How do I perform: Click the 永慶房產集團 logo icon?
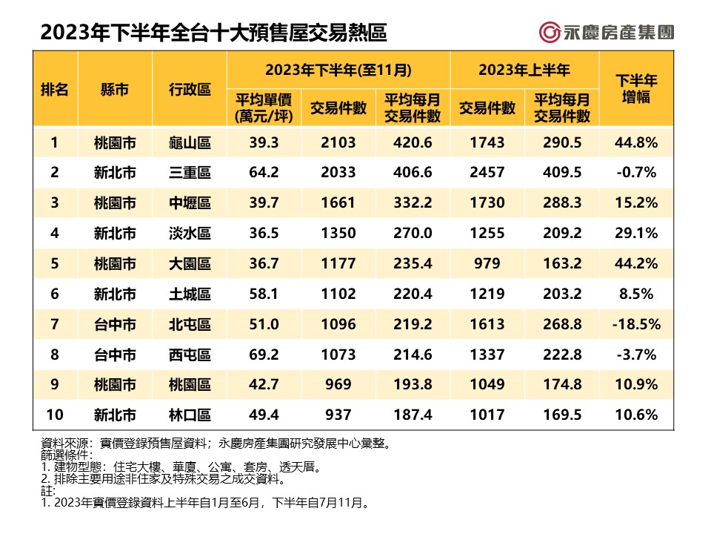coord(550,33)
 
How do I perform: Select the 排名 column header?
coord(54,90)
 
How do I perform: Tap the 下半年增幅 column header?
coord(637,90)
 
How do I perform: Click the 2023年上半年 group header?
coord(524,70)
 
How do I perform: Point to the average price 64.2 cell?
coord(264,172)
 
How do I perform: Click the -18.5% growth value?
coord(637,324)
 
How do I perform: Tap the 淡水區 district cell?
coord(190,233)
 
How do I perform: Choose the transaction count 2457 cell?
coord(487,172)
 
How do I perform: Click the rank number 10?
coord(54,415)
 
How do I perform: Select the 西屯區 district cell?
coord(190,355)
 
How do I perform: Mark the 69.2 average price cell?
coord(264,355)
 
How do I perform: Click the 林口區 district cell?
coord(190,415)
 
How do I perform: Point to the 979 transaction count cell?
coord(487,263)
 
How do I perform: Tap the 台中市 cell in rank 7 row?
coord(115,324)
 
